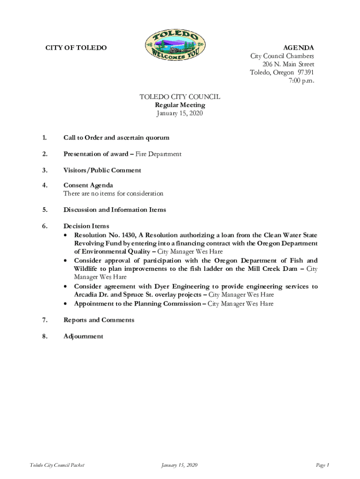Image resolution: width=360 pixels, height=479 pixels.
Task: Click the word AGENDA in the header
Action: (x=298, y=48)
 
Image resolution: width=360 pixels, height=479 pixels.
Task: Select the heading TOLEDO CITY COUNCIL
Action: (x=180, y=97)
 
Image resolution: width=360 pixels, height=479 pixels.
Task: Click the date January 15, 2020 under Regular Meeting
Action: (x=180, y=113)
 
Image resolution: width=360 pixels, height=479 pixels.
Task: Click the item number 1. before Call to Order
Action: (x=44, y=138)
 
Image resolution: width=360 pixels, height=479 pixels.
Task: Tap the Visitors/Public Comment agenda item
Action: (x=102, y=170)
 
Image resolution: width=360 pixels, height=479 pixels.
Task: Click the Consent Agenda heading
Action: (x=88, y=185)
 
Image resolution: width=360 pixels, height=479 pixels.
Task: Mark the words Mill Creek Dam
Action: (x=271, y=269)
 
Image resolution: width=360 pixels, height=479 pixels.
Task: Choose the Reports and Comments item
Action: (x=99, y=320)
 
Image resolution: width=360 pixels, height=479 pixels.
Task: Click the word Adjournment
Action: (x=84, y=336)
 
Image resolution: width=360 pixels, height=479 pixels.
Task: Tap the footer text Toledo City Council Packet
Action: (x=57, y=465)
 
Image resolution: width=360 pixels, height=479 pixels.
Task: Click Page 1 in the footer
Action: (x=323, y=465)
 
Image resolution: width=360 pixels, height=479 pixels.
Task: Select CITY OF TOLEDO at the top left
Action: (x=76, y=48)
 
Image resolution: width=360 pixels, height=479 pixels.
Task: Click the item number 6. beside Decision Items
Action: (x=44, y=226)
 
